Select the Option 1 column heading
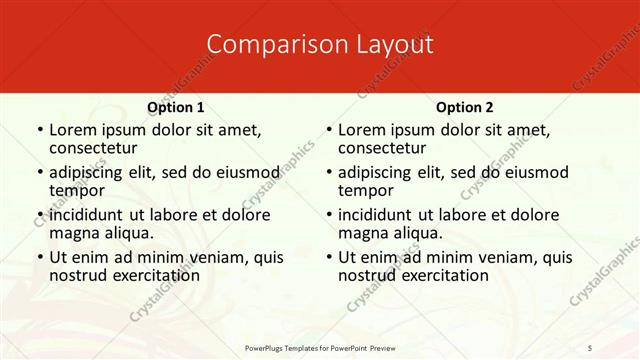(x=176, y=107)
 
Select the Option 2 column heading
(x=465, y=107)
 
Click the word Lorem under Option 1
(x=73, y=130)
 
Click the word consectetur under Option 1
(x=96, y=148)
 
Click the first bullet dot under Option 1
(x=39, y=131)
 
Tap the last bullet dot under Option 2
(x=328, y=258)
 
